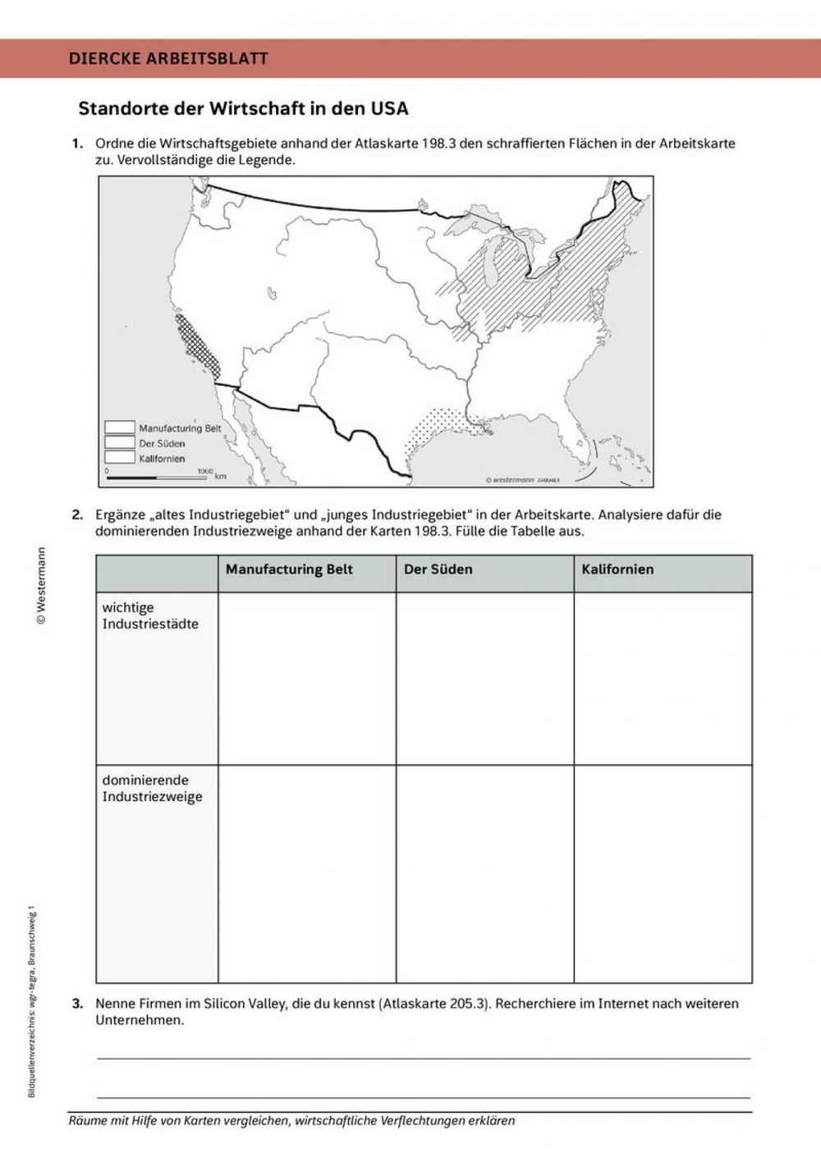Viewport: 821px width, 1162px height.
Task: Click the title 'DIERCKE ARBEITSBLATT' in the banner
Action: pos(168,58)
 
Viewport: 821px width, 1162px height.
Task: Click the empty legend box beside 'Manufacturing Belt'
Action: pos(119,428)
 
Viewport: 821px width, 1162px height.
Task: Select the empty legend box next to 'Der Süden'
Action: pos(119,443)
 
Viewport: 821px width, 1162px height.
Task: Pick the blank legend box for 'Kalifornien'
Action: pos(119,458)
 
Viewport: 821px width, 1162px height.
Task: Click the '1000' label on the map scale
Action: pos(204,471)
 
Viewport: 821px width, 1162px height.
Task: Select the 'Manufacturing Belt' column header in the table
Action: pos(289,570)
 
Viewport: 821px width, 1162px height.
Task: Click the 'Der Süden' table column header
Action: pos(438,570)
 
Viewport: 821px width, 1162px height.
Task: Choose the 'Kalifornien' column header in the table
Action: pos(617,570)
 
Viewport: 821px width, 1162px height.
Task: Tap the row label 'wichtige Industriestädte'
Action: pos(150,615)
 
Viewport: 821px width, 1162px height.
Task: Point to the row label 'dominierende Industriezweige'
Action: pos(152,788)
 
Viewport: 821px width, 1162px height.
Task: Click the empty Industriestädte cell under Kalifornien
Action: pos(663,679)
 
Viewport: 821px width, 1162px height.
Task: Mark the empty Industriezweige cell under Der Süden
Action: pos(484,874)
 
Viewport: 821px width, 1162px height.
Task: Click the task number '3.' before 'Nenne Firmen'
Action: pos(77,1003)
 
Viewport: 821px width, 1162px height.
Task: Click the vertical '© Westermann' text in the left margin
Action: pos(41,587)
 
